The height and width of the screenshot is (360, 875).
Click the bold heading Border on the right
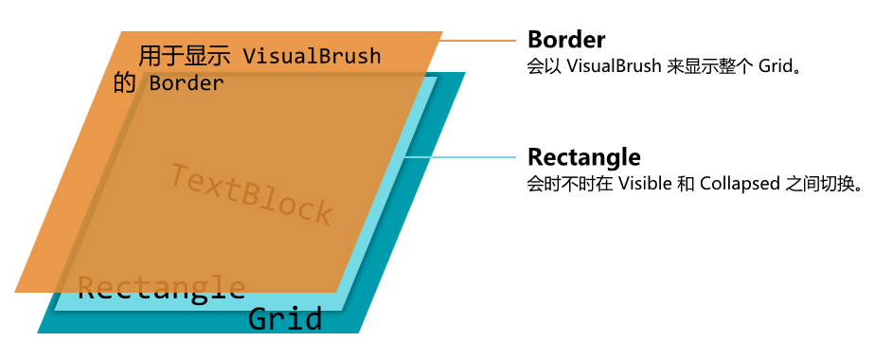click(x=566, y=40)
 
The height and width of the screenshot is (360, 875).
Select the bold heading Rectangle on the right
click(x=583, y=156)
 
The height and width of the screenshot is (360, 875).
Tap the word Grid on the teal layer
click(x=285, y=319)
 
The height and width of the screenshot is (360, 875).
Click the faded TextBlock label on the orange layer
click(x=251, y=195)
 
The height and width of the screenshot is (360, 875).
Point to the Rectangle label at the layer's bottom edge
click(x=161, y=287)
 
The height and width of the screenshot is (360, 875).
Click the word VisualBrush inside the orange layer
click(x=312, y=57)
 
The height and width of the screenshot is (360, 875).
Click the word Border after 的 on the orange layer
click(x=187, y=83)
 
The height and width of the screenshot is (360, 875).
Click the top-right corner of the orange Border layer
click(x=442, y=32)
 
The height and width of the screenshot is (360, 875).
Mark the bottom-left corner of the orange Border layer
click(x=16, y=292)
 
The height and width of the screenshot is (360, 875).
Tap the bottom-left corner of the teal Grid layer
click(x=38, y=333)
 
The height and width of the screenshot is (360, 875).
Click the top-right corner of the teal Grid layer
click(x=466, y=73)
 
